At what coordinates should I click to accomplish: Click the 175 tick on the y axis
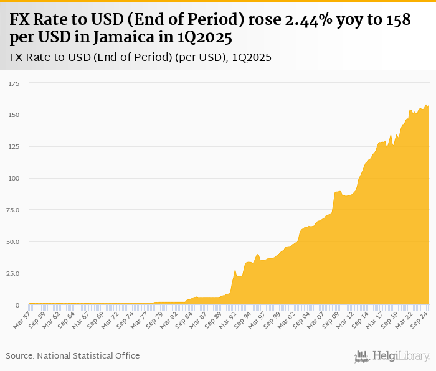coord(14,83)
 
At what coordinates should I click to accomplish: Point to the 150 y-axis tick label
coord(14,115)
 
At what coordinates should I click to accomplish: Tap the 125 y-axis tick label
coord(14,147)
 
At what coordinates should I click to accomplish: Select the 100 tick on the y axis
coord(14,179)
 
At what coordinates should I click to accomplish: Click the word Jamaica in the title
coord(127,37)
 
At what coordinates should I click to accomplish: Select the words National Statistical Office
coord(88,355)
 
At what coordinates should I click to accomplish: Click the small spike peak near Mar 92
coord(235,270)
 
